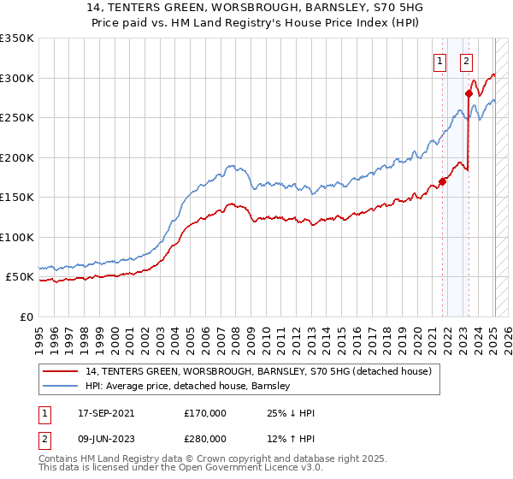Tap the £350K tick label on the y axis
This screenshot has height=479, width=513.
pyautogui.click(x=17, y=38)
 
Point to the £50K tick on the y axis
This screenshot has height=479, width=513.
pyautogui.click(x=21, y=277)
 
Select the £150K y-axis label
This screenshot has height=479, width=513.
pyautogui.click(x=17, y=198)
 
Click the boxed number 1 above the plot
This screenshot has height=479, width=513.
pyautogui.click(x=439, y=60)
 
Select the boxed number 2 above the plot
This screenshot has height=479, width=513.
pyautogui.click(x=466, y=60)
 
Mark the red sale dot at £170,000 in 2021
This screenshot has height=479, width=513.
pyautogui.click(x=443, y=181)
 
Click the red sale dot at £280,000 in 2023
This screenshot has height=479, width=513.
pyautogui.click(x=469, y=93)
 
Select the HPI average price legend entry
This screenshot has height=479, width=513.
pyautogui.click(x=188, y=386)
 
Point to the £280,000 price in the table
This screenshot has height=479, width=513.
pyautogui.click(x=205, y=438)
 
